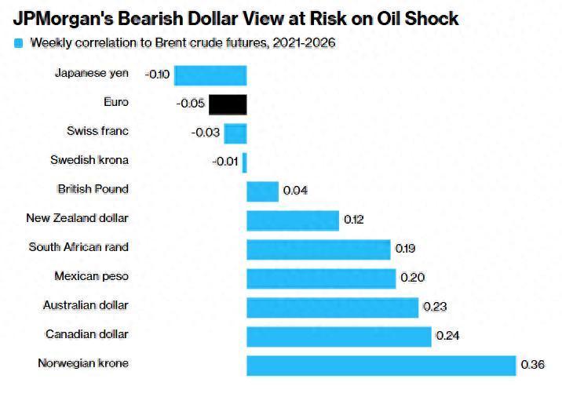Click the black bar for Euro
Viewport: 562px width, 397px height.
click(x=228, y=104)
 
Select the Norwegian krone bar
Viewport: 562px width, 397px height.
click(x=381, y=366)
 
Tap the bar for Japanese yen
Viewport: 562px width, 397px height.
click(x=210, y=75)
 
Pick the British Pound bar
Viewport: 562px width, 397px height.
click(x=262, y=191)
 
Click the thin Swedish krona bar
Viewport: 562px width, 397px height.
click(x=245, y=162)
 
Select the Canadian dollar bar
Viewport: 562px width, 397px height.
click(x=339, y=337)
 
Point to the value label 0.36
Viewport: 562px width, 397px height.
click(x=532, y=366)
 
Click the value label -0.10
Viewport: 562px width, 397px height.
click(x=157, y=75)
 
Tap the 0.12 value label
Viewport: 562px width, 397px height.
click(x=354, y=220)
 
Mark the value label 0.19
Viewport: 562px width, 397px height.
click(x=405, y=249)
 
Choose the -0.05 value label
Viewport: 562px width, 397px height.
click(x=191, y=104)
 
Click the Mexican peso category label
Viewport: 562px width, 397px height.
click(x=91, y=276)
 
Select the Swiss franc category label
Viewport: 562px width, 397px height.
click(x=97, y=131)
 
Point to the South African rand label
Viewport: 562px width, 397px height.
click(x=78, y=247)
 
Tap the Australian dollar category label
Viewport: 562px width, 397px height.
click(x=86, y=305)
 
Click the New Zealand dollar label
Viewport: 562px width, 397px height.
click(x=77, y=218)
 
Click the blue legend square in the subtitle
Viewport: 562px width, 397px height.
click(x=19, y=43)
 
